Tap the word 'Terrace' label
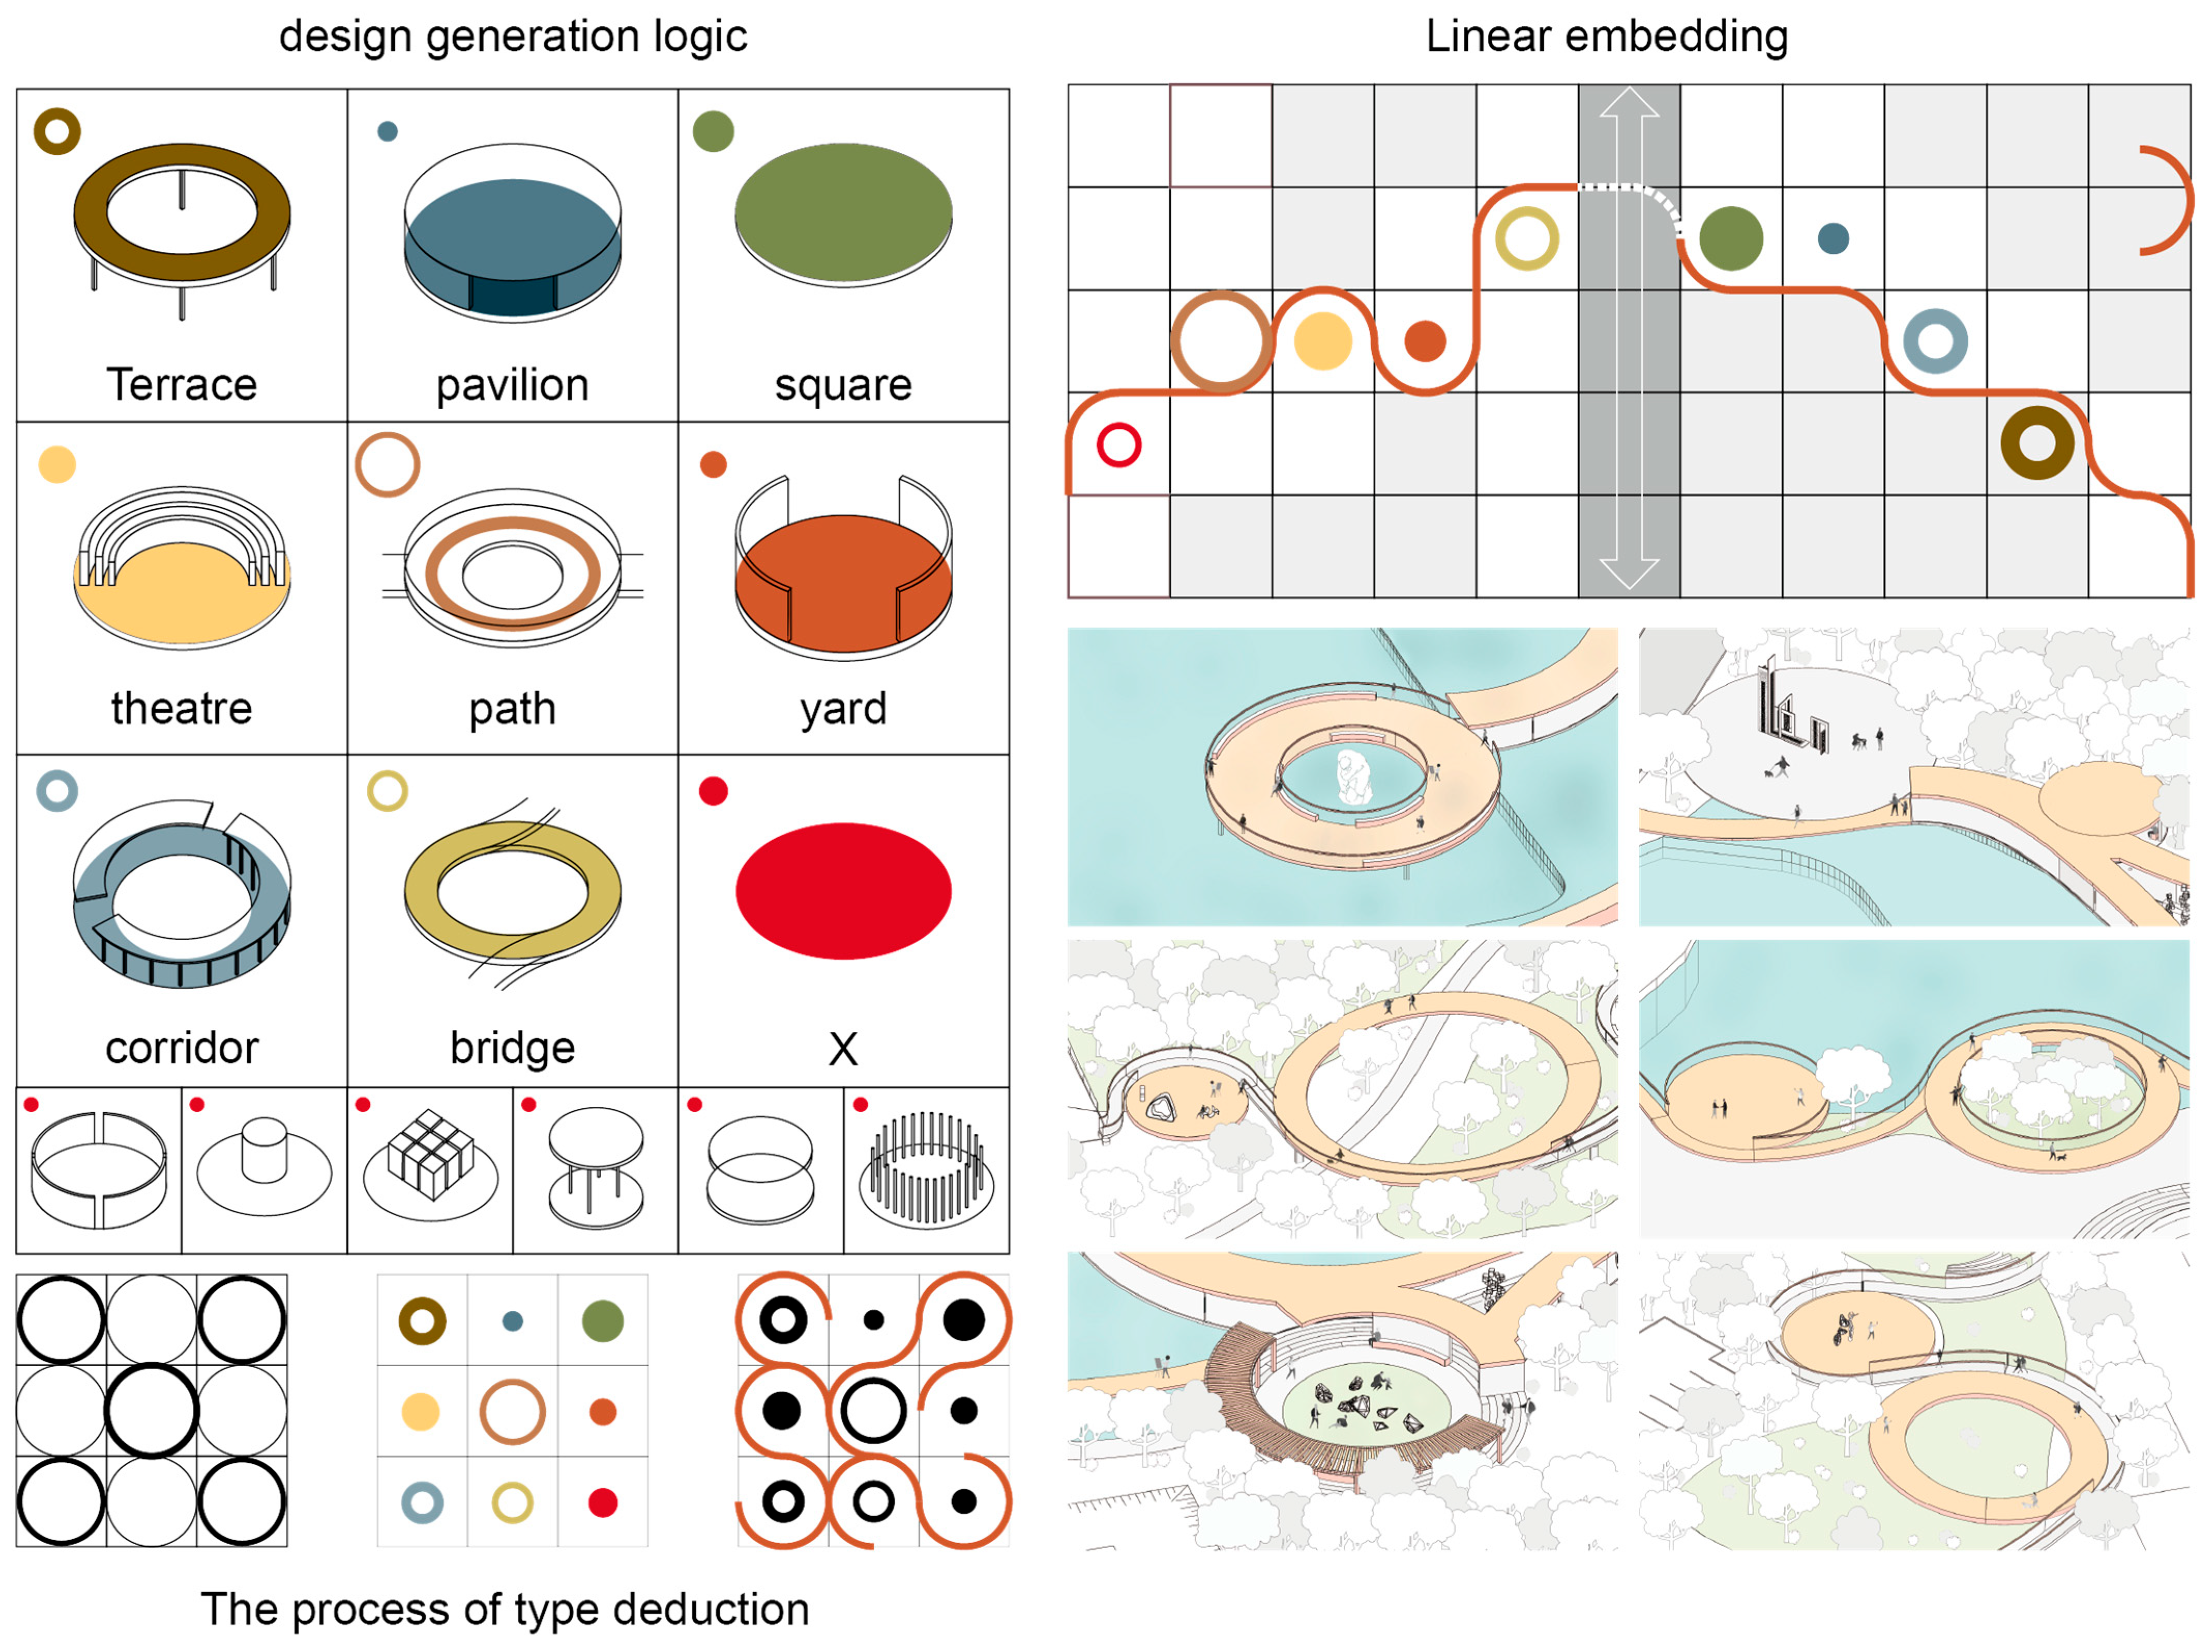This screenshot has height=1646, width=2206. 182,384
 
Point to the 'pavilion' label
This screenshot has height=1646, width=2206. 512,384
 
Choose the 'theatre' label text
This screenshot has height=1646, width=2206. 182,708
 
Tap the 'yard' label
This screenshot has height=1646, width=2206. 843,708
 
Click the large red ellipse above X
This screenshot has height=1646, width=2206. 843,890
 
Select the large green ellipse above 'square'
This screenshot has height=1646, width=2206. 843,212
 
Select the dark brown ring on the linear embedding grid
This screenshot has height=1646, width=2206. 2037,442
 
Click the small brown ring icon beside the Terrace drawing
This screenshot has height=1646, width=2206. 57,130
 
